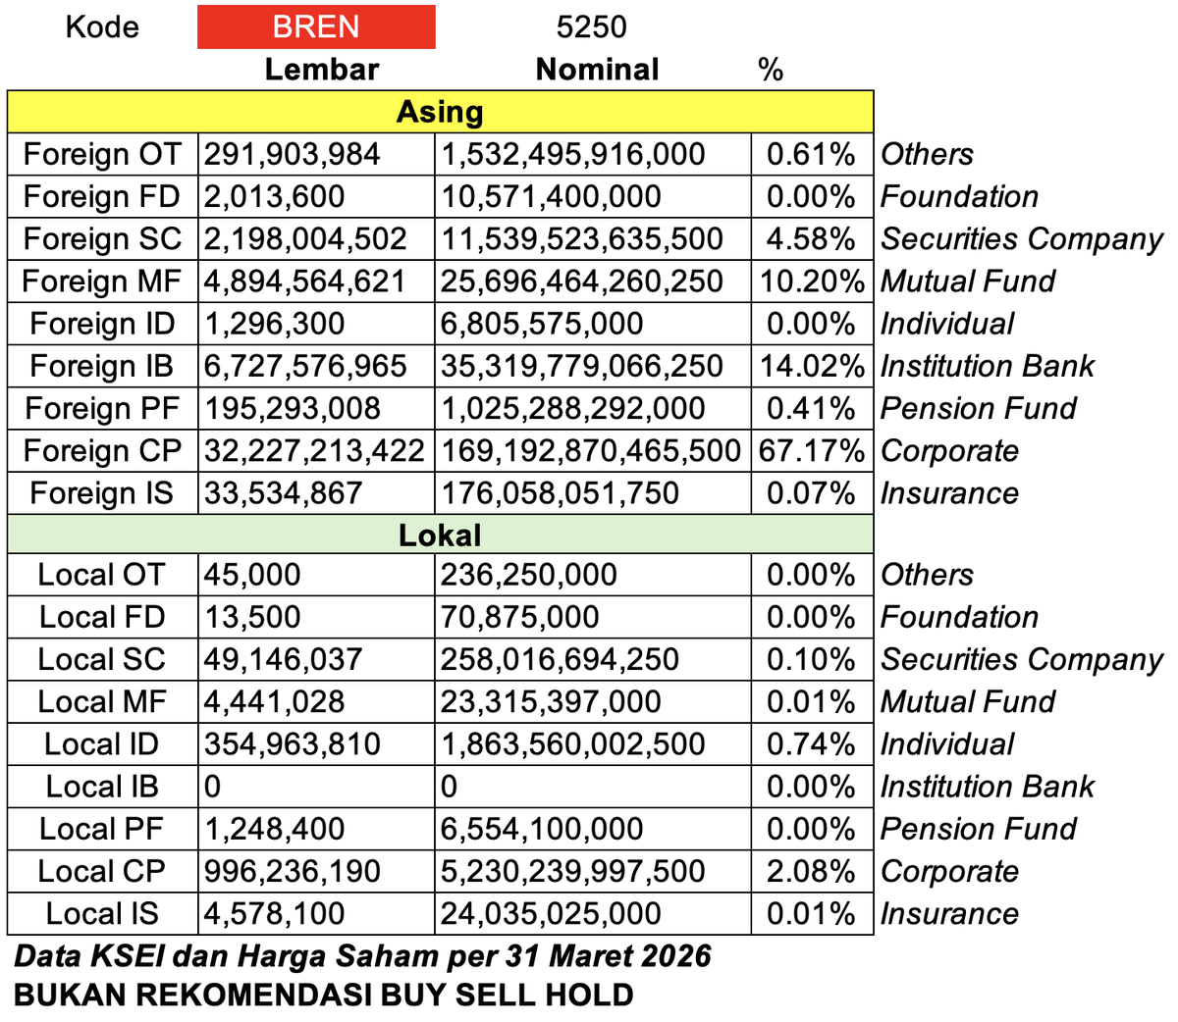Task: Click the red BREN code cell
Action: (x=316, y=26)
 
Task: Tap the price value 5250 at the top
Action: (x=591, y=26)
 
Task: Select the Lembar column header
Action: (x=321, y=70)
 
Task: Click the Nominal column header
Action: (x=597, y=70)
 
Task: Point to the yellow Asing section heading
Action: (x=440, y=112)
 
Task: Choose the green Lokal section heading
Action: (x=440, y=535)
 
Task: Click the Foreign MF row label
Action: (x=102, y=281)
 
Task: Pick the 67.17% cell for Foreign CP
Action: (x=812, y=451)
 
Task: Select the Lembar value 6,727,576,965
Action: (x=305, y=366)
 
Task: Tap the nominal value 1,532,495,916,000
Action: (x=573, y=154)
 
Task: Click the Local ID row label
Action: (x=102, y=744)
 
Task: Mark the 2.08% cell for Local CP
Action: (x=811, y=871)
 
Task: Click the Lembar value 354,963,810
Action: (x=293, y=744)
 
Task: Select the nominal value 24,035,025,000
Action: (x=551, y=913)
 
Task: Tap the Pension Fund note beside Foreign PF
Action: (x=978, y=408)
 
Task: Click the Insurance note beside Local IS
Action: (x=949, y=913)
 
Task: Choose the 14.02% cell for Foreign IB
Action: (x=812, y=366)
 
